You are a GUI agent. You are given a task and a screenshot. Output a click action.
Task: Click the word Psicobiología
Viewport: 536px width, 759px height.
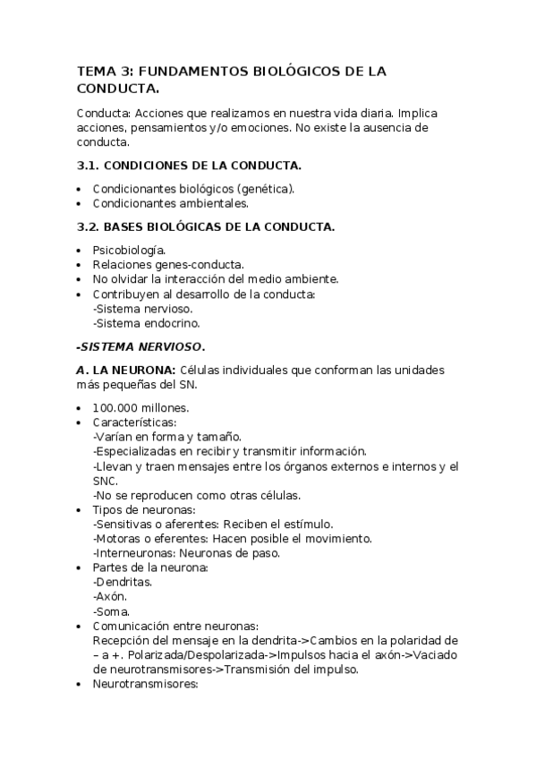[129, 251]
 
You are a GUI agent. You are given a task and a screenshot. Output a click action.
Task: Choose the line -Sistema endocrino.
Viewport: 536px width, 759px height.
[146, 322]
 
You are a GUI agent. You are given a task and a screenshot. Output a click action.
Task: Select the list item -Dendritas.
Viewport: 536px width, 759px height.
[123, 582]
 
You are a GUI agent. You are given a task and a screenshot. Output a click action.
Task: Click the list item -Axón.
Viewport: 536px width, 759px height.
[111, 596]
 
